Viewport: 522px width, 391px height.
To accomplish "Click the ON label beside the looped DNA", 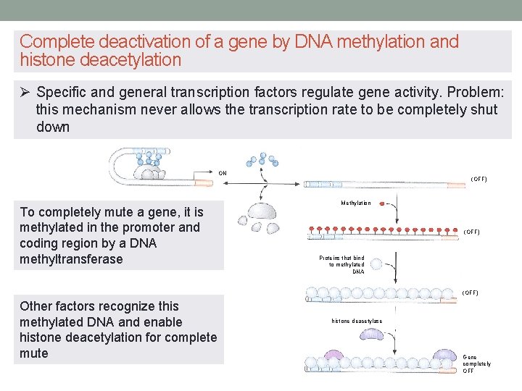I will click(223, 172).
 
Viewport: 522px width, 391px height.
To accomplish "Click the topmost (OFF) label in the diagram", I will click(478, 179).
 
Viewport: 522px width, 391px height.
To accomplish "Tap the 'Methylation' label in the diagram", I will click(356, 203).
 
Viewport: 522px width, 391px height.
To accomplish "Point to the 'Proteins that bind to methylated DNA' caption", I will click(341, 264).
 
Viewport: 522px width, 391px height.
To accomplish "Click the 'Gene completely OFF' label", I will click(476, 363).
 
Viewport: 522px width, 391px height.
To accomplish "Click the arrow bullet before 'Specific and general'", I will click(25, 93).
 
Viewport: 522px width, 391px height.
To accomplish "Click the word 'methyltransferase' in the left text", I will click(72, 259).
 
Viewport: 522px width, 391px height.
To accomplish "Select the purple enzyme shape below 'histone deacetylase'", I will click(373, 335).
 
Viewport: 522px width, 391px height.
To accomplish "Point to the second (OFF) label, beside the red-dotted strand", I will click(471, 232).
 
